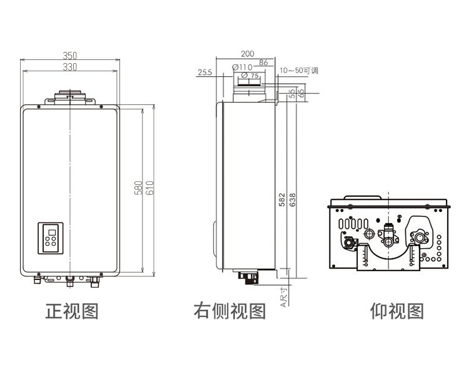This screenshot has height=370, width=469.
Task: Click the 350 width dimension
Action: click(69, 56)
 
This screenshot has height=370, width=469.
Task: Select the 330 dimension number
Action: click(69, 67)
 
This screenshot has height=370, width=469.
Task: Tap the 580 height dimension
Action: click(138, 188)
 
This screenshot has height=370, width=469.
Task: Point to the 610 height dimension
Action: click(149, 188)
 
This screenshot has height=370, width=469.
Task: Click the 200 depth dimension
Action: click(248, 54)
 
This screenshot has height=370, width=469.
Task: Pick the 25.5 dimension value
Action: click(204, 72)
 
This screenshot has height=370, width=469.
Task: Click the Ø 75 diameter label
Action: click(250, 76)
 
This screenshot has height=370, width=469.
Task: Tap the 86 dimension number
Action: click(263, 62)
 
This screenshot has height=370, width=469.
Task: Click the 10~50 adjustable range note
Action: click(299, 71)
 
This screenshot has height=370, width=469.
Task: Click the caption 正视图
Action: click(72, 311)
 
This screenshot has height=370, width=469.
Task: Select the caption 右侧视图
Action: click(229, 311)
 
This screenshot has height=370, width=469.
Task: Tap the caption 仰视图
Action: click(397, 311)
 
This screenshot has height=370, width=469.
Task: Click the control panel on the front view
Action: click(51, 237)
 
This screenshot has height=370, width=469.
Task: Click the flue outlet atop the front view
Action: click(69, 97)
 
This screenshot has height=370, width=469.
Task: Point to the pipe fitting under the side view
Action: click(247, 276)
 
